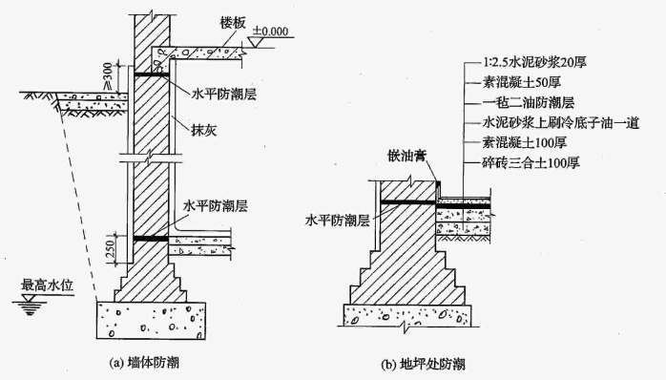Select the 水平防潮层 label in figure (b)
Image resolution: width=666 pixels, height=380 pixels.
tap(337, 218)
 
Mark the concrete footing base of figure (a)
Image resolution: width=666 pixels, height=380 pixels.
tap(153, 315)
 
